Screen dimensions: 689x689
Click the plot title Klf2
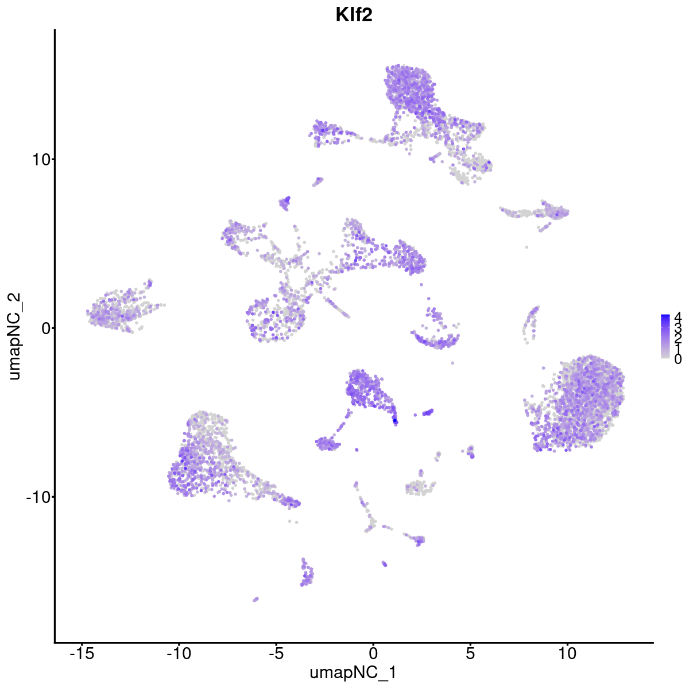[x=354, y=15]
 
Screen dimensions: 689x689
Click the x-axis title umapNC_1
[x=353, y=672]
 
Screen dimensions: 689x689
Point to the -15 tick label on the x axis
[x=82, y=653]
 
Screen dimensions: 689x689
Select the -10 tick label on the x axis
[x=179, y=653]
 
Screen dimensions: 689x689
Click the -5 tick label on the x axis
[x=276, y=653]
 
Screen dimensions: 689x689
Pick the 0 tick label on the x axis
[x=373, y=653]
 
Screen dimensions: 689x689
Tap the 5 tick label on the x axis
[x=470, y=653]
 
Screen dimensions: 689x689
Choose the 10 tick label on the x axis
[x=567, y=653]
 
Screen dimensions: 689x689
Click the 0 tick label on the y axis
[x=45, y=328]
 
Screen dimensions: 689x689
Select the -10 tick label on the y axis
[x=37, y=497]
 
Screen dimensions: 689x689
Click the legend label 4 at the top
[x=678, y=316]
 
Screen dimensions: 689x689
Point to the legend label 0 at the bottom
[x=678, y=359]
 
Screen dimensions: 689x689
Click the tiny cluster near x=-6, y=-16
[x=256, y=599]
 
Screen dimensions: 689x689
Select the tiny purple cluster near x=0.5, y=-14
[x=384, y=564]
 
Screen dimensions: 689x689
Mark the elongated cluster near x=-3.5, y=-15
[x=307, y=575]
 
